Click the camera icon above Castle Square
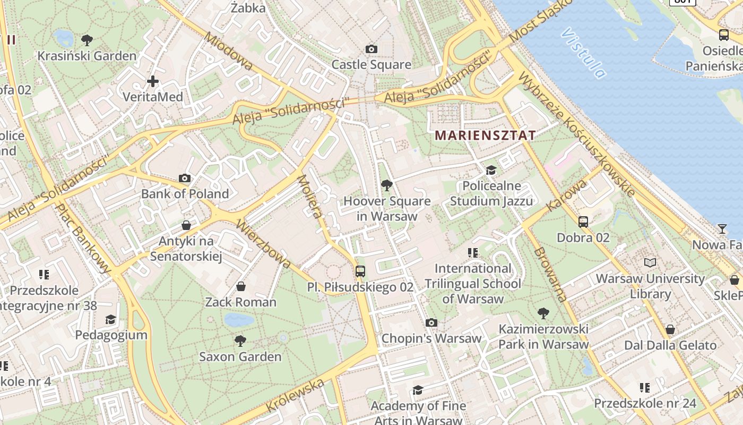coord(371,49)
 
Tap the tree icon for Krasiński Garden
coord(87,40)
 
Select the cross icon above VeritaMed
coord(153,81)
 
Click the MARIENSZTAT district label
coord(485,135)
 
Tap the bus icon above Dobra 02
coord(583,222)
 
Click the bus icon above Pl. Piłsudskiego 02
coord(360,271)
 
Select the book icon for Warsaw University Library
coord(650,262)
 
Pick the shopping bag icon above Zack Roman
coord(241,287)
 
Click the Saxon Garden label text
coord(240,356)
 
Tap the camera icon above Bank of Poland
coord(185,178)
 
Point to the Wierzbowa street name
coord(264,243)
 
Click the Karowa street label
coord(567,195)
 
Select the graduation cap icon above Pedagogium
coord(110,319)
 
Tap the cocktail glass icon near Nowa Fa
coord(722,229)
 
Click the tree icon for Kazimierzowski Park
coord(543,313)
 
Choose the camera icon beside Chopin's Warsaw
coord(431,322)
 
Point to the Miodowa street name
coord(228,52)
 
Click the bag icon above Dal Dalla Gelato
coord(670,329)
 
